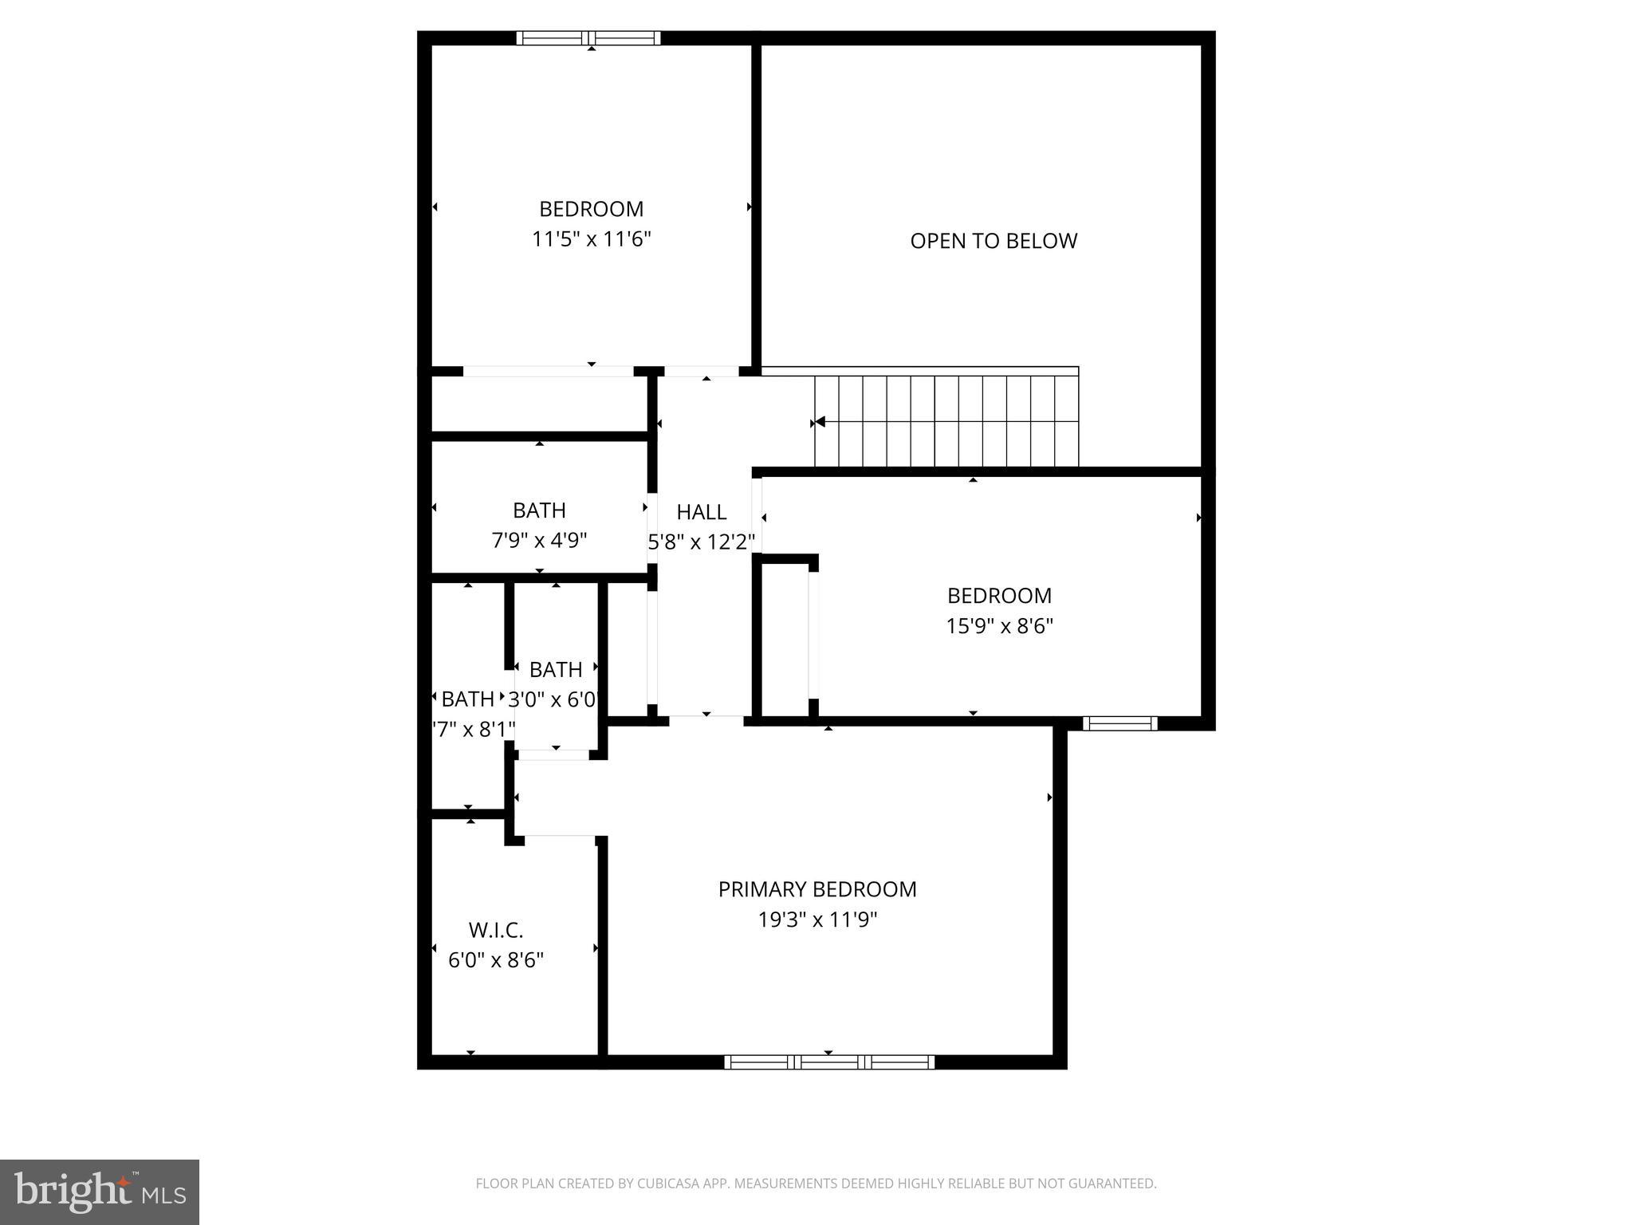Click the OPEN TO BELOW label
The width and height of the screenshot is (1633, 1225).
994,241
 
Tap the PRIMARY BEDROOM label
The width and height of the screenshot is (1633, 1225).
817,889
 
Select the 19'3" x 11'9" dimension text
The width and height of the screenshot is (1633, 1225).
817,920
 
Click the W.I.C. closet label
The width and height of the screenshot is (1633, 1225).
496,930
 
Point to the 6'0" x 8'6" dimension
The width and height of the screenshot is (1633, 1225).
496,960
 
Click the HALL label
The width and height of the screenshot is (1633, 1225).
702,512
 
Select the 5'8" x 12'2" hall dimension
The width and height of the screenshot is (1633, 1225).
702,542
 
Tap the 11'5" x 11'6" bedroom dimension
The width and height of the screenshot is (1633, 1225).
592,239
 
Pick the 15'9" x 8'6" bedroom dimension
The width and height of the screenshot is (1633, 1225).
999,626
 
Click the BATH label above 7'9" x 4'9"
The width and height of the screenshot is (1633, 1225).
539,510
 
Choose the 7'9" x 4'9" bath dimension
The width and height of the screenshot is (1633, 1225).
539,541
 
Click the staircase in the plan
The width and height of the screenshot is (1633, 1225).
946,421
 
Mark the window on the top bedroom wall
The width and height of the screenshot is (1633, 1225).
588,37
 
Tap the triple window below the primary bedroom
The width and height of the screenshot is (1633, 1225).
828,1062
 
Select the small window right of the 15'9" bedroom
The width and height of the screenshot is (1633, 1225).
1119,723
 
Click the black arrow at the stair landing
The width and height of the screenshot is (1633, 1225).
819,422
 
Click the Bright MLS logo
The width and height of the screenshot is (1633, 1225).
100,1192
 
